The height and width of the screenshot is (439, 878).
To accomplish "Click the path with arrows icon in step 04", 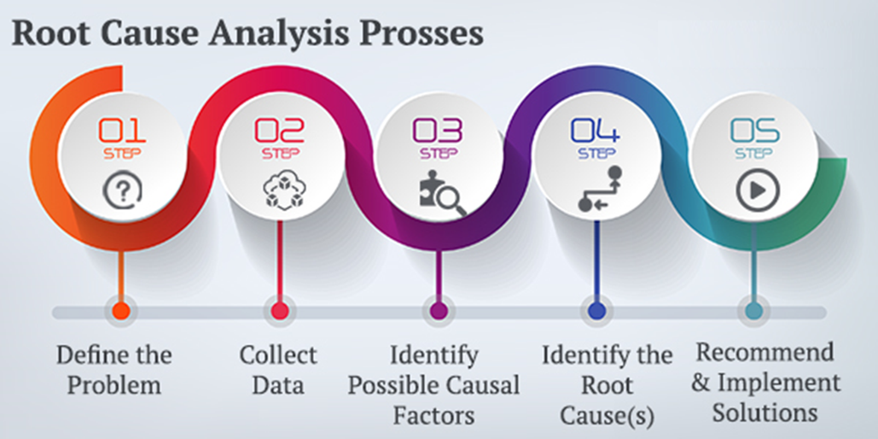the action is pyautogui.click(x=600, y=190).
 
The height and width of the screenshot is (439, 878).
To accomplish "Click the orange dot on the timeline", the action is pyautogui.click(x=121, y=311).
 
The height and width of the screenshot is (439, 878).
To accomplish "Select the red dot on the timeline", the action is pyautogui.click(x=279, y=311).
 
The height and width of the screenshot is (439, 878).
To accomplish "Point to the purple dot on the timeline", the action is pyautogui.click(x=439, y=311).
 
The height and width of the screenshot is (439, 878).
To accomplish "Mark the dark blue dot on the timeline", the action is pyautogui.click(x=596, y=311).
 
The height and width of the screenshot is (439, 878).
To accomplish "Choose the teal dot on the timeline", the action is pyautogui.click(x=753, y=311).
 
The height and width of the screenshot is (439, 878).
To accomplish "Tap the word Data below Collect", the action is pyautogui.click(x=279, y=386).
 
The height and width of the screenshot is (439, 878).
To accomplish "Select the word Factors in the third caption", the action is pyautogui.click(x=434, y=416).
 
